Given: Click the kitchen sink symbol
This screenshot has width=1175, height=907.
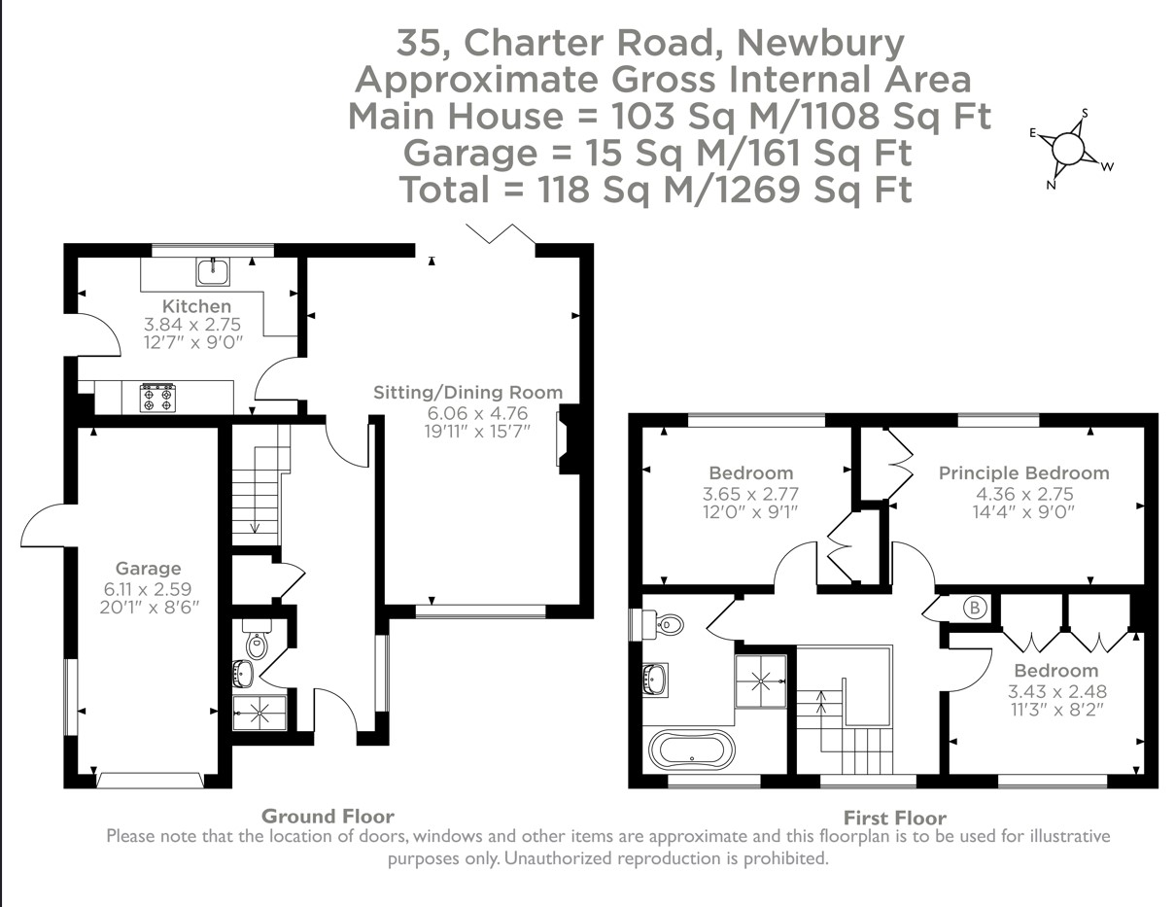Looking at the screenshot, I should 213,271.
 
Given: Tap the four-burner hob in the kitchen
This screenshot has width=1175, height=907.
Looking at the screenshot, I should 158,397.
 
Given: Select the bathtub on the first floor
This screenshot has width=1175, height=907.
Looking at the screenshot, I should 691,750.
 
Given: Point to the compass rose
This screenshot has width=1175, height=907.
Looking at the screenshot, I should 1067,150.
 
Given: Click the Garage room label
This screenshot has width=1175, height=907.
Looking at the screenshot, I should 148,568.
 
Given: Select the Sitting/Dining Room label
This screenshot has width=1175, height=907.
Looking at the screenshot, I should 468,393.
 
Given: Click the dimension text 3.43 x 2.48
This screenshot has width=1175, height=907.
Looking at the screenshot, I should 1056,691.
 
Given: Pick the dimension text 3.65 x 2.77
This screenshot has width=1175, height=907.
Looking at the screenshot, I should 743,494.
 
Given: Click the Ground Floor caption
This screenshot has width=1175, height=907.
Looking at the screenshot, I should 328,816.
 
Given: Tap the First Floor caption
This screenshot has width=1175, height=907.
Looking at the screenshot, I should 894,818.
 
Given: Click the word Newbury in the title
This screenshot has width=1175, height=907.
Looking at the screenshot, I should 820,43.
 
